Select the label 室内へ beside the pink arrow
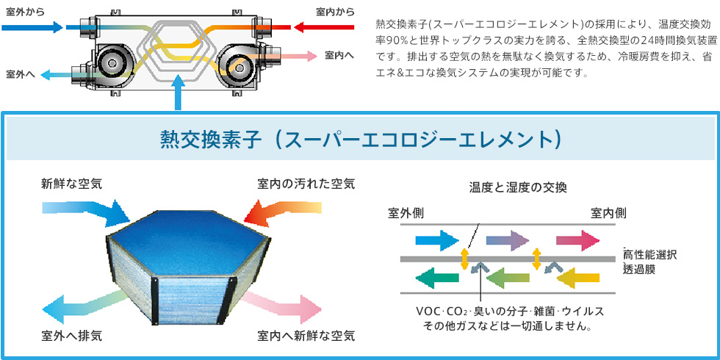point(339,55)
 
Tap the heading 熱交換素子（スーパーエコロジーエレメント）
point(360,139)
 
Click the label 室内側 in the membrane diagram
point(608,213)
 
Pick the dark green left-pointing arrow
point(438,277)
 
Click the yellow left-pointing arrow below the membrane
point(577,277)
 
